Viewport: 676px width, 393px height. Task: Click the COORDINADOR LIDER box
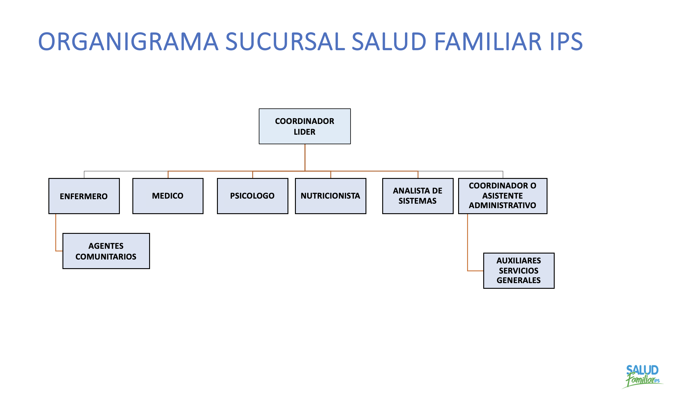pyautogui.click(x=305, y=126)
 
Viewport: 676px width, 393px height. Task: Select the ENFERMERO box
pyautogui.click(x=84, y=196)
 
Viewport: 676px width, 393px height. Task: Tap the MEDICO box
pyautogui.click(x=168, y=196)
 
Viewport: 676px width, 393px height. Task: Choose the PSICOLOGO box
pyautogui.click(x=252, y=196)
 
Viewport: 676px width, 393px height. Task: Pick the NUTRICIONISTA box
pyautogui.click(x=330, y=196)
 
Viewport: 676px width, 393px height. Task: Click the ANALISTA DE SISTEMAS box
pyautogui.click(x=417, y=196)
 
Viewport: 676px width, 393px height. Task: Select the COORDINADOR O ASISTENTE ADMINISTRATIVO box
pyautogui.click(x=502, y=196)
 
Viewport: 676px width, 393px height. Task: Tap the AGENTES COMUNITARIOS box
pyautogui.click(x=106, y=251)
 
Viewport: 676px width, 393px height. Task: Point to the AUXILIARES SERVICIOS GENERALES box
pyautogui.click(x=519, y=271)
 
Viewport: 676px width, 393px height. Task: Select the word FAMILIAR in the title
pyautogui.click(x=487, y=42)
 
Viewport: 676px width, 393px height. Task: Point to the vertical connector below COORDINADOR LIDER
pyautogui.click(x=305, y=157)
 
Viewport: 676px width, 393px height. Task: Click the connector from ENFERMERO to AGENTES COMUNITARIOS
pyautogui.click(x=56, y=233)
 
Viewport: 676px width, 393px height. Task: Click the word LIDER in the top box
pyautogui.click(x=304, y=132)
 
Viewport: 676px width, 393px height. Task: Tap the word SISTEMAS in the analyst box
pyautogui.click(x=417, y=201)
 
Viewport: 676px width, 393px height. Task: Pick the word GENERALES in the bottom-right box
pyautogui.click(x=519, y=280)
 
